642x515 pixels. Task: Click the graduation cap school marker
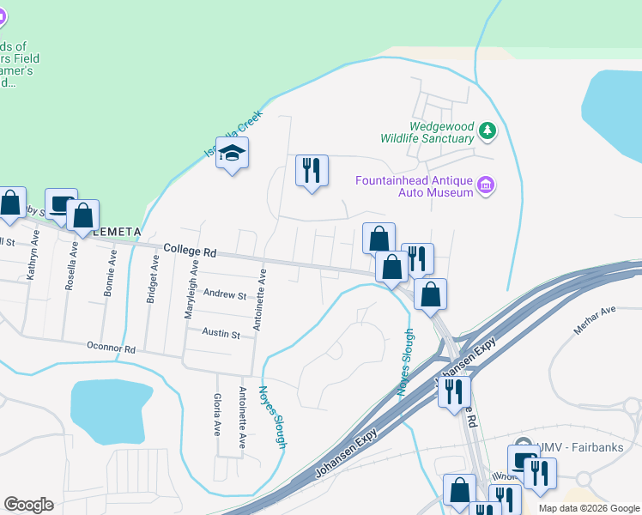(232, 154)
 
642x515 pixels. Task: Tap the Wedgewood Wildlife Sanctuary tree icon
(488, 130)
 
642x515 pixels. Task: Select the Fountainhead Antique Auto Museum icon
(486, 185)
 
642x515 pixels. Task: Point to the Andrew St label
(224, 294)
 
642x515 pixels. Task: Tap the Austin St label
(221, 332)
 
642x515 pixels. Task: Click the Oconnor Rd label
(112, 350)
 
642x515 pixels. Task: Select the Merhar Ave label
(596, 309)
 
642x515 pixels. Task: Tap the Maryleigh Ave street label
(193, 292)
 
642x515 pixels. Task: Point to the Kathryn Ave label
(33, 257)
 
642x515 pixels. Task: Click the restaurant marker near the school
(312, 171)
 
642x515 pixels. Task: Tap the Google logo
(28, 505)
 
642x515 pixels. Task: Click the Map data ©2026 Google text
(588, 508)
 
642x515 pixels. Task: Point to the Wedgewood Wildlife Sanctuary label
(441, 131)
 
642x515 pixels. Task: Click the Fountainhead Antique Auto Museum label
(415, 186)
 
